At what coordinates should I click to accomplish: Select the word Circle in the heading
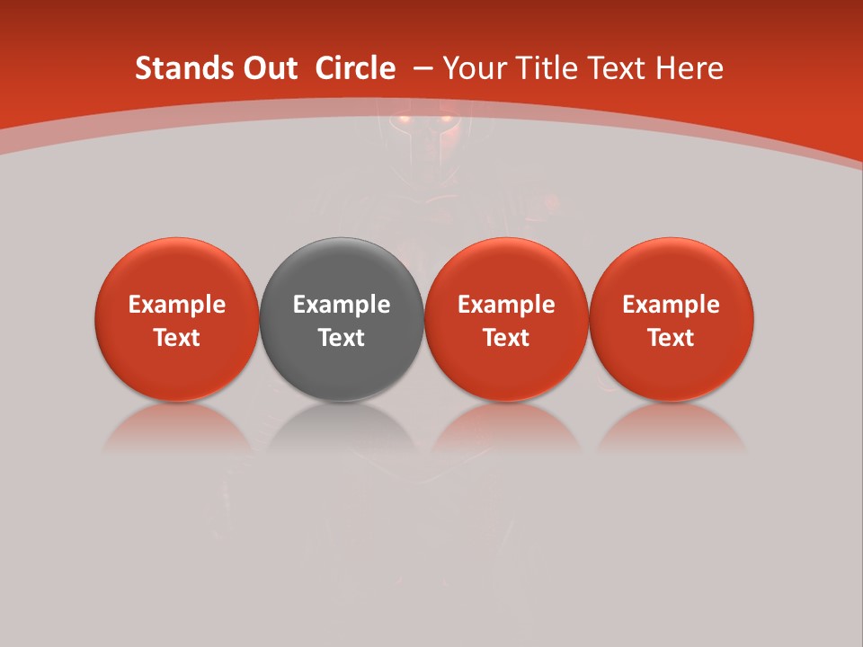click(x=355, y=68)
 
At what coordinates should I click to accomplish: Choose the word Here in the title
click(x=689, y=68)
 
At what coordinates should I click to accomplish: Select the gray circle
click(x=342, y=270)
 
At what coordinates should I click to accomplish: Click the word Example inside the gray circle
click(x=342, y=305)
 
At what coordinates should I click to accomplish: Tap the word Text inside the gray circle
click(x=342, y=338)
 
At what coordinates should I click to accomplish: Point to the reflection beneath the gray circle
click(x=342, y=428)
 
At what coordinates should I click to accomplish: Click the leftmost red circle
click(x=177, y=270)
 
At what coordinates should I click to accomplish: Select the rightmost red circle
click(x=672, y=270)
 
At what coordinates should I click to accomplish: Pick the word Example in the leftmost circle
click(x=177, y=305)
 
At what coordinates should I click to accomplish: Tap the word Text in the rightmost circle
click(x=672, y=338)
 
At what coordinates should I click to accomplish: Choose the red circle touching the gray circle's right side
click(x=506, y=270)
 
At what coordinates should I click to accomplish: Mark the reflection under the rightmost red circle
click(x=672, y=428)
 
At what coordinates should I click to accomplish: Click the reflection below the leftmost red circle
click(x=177, y=428)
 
